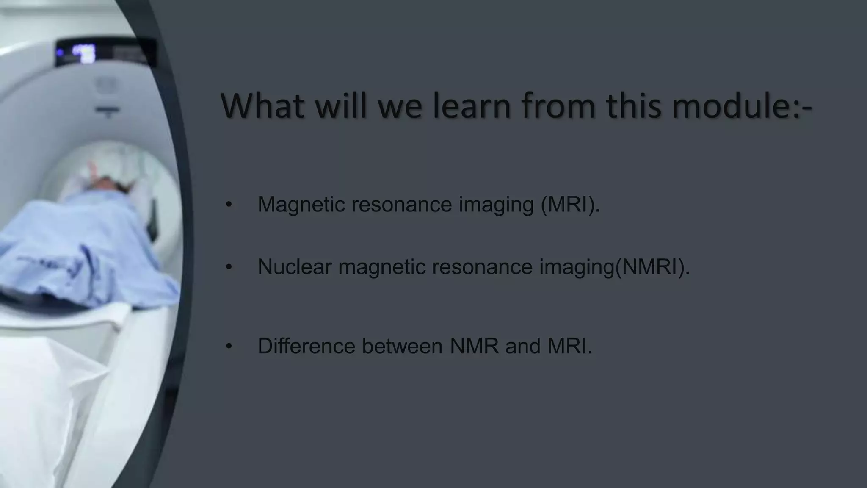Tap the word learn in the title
click(472, 106)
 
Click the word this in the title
click(633, 106)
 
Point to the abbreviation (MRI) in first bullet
click(570, 205)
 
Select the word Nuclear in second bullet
click(294, 267)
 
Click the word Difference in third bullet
click(306, 346)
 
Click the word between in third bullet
click(402, 346)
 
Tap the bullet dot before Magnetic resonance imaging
click(229, 205)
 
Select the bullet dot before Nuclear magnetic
click(229, 267)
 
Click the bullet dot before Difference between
click(229, 347)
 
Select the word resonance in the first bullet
click(402, 205)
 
